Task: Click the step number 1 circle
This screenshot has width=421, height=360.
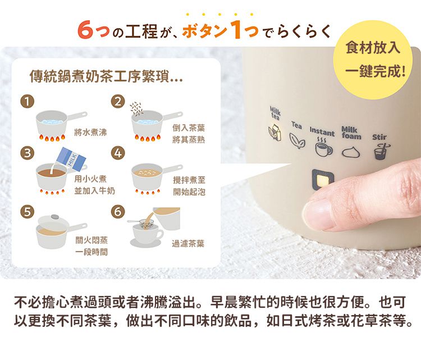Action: click(x=26, y=102)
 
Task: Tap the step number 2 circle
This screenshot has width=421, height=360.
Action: click(x=118, y=102)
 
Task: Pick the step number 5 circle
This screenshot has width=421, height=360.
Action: click(x=26, y=212)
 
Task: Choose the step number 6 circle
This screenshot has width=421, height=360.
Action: click(x=118, y=212)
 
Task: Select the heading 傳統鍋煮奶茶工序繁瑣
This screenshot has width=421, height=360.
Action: click(x=106, y=77)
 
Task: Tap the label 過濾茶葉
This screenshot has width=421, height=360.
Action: click(x=188, y=245)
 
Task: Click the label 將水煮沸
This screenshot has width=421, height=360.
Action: click(x=90, y=133)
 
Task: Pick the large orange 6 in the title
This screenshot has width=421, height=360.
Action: click(x=85, y=30)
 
